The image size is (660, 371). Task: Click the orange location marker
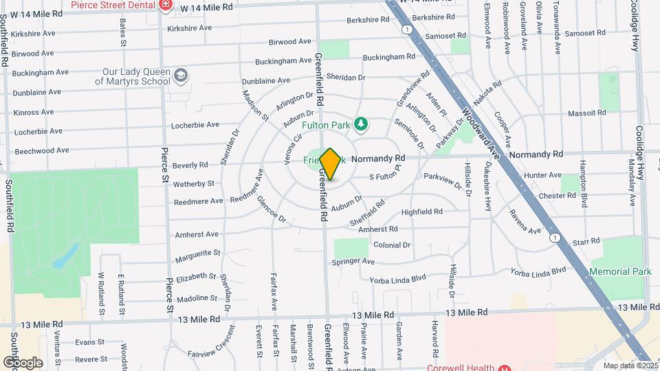(330, 164)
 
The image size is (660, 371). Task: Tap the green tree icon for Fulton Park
(361, 124)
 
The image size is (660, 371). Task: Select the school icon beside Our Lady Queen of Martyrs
(181, 74)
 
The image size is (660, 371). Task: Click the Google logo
(23, 362)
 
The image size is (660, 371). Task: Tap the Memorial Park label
(621, 271)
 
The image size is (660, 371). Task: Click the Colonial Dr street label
(391, 245)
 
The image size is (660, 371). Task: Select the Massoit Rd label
(587, 112)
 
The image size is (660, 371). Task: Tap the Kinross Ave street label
(33, 111)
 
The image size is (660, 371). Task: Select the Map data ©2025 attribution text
(630, 366)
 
